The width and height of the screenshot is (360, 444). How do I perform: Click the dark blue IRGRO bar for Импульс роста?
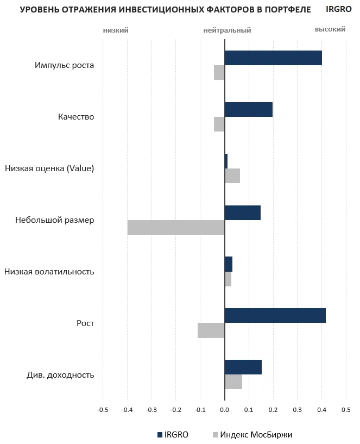[x=273, y=58]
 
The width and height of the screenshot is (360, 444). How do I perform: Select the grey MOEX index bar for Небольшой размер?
[x=176, y=227]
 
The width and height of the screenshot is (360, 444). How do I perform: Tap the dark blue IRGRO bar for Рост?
[x=275, y=316]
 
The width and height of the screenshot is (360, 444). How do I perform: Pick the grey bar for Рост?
[x=211, y=330]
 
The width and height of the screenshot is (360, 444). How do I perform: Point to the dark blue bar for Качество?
[x=249, y=109]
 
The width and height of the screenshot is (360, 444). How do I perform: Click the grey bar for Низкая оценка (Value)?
[x=232, y=176]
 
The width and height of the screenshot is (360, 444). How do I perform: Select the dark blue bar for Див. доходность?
[x=243, y=367]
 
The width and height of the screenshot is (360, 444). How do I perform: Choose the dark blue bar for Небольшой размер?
[x=243, y=212]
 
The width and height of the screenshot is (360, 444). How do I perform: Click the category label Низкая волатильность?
[x=49, y=272]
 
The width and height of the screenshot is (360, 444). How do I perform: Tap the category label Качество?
[x=76, y=117]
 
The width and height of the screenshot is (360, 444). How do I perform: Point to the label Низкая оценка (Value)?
[x=49, y=168]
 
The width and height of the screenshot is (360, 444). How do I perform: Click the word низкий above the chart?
[x=116, y=30]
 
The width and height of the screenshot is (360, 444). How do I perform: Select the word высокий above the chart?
[x=330, y=29]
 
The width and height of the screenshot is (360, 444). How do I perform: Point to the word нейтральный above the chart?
[x=227, y=30]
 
